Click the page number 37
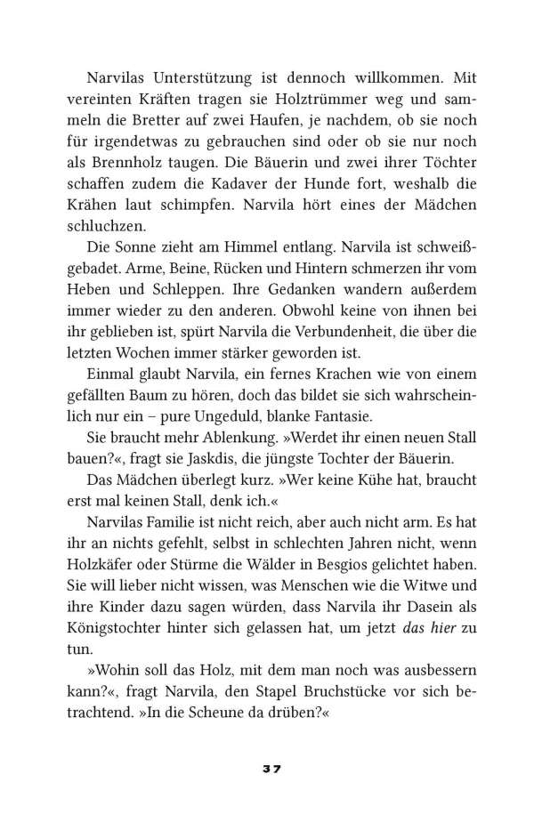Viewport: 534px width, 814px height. point(267,768)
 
